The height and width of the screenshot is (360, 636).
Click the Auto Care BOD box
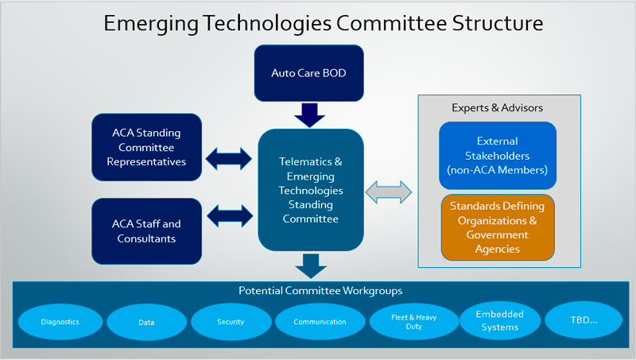click(308, 73)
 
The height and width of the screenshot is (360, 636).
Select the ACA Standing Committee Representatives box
click(146, 147)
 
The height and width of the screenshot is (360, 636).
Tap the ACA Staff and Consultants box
click(146, 231)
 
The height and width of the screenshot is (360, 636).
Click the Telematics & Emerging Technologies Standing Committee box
click(311, 190)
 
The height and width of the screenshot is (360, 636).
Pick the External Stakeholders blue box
click(498, 155)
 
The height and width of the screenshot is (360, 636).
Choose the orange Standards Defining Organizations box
click(498, 227)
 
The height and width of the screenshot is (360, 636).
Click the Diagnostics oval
click(60, 322)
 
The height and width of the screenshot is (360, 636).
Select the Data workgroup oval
click(146, 323)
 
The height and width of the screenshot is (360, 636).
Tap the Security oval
click(231, 322)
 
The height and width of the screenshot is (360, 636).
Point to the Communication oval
click(320, 322)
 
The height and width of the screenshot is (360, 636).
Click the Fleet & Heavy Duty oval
click(413, 322)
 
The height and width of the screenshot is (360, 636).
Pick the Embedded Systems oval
click(500, 320)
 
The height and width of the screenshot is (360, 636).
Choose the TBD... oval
click(584, 319)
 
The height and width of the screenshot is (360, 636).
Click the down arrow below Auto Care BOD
click(309, 115)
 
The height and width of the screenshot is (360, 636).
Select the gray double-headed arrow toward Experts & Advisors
click(389, 192)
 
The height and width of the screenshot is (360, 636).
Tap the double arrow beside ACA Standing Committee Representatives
click(229, 158)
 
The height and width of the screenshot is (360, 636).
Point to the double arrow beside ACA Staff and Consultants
click(230, 215)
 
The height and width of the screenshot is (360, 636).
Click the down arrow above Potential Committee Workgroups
click(311, 266)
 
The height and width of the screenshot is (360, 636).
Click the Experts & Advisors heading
click(498, 107)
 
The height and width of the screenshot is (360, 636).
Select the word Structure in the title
click(498, 23)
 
